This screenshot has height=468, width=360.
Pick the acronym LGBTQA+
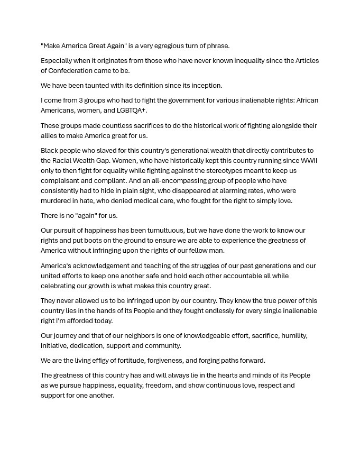(132, 110)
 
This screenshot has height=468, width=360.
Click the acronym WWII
(309, 160)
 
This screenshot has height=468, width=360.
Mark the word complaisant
(60, 180)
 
